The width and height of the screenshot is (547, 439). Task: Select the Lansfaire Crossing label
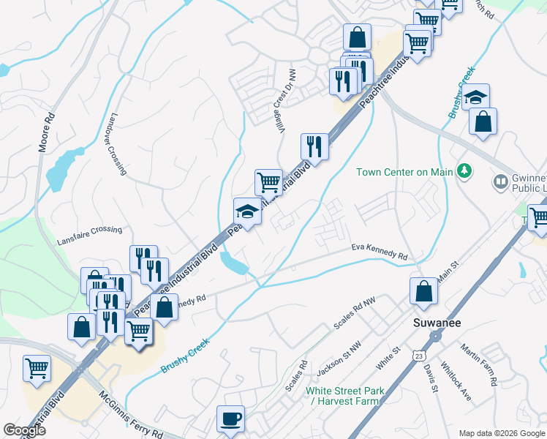pyautogui.click(x=90, y=230)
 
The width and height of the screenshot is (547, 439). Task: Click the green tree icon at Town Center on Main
pyautogui.click(x=462, y=172)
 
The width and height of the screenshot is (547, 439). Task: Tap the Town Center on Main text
pyautogui.click(x=404, y=173)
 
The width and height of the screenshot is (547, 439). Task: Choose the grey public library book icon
pyautogui.click(x=501, y=181)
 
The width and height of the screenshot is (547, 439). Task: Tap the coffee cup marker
pyautogui.click(x=231, y=419)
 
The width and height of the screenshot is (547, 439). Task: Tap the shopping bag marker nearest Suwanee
pyautogui.click(x=423, y=291)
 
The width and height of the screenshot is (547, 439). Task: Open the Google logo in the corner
pyautogui.click(x=25, y=430)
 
